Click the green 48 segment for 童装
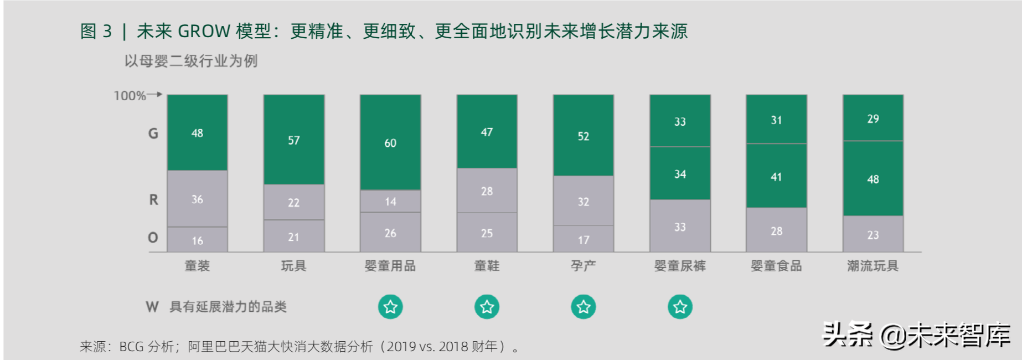pos(197,133)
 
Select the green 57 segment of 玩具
pos(293,140)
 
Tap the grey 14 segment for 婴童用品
pos(390,202)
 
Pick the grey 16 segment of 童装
pos(197,240)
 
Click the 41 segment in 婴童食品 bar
pos(776,177)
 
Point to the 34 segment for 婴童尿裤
pos(680,174)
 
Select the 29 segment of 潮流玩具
pos(873,119)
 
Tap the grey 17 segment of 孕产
pos(584,240)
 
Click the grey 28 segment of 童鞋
pos(487,191)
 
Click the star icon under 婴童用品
pos(390,307)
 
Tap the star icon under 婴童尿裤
pos(680,307)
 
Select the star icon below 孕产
pos(584,307)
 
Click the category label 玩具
pos(293,266)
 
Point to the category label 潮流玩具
pos(873,266)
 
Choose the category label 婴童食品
pos(776,266)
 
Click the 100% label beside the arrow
pos(130,96)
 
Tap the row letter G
pos(153,133)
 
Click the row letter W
pos(152,307)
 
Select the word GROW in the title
pos(204,31)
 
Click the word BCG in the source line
pos(131,347)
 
